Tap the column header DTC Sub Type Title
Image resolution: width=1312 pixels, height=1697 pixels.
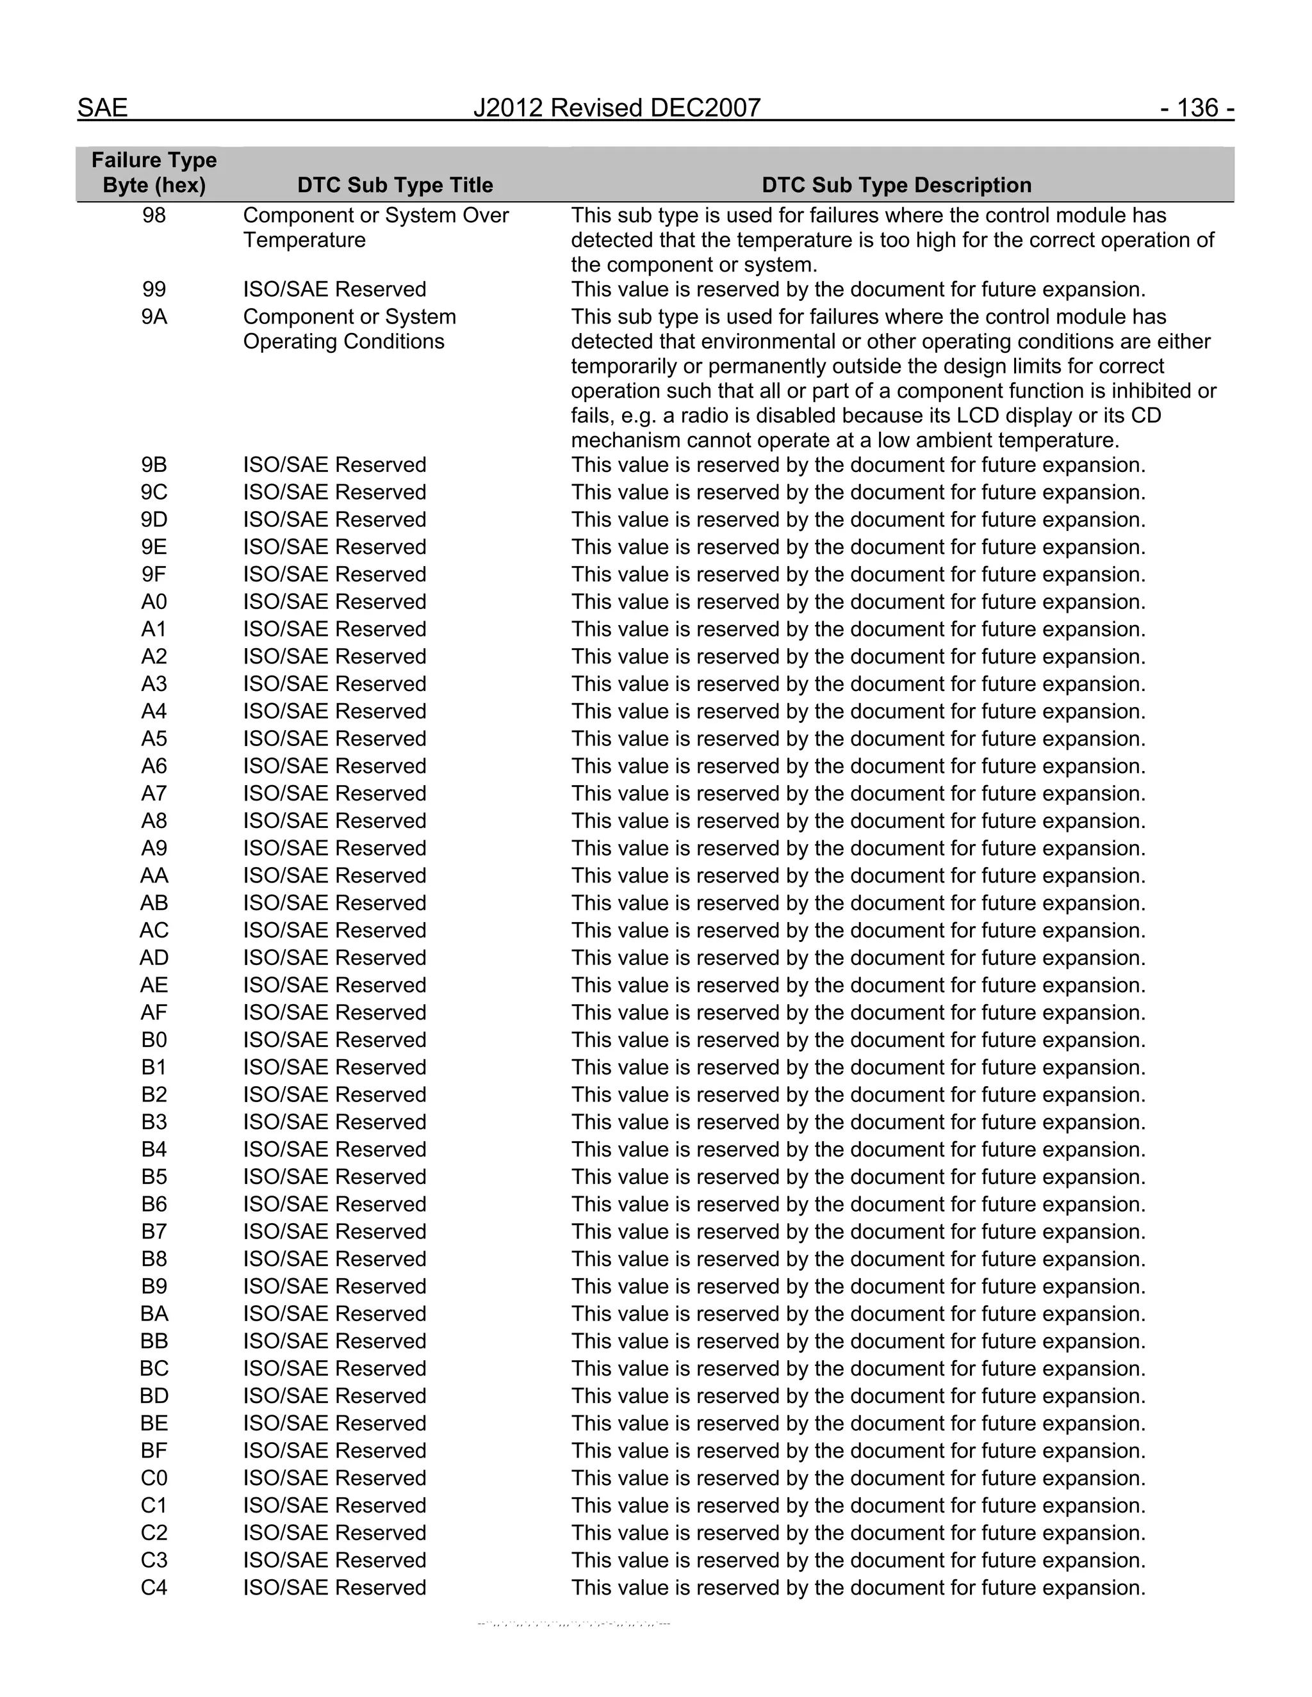[395, 185]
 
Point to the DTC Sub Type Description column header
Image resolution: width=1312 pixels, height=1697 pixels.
[896, 185]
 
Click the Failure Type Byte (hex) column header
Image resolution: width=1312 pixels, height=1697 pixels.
[154, 172]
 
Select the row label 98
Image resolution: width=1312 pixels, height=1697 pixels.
[154, 215]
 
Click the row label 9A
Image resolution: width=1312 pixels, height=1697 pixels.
[154, 317]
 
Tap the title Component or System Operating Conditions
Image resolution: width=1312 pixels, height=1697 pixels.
[349, 329]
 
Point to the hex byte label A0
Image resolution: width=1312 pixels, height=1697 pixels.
[154, 602]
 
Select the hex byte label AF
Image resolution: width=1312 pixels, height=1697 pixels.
[154, 1012]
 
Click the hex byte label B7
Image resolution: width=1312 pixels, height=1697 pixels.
[154, 1231]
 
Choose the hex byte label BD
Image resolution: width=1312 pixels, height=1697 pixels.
[154, 1395]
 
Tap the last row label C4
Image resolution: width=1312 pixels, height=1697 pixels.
[154, 1587]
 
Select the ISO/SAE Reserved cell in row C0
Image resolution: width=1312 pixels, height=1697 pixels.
[334, 1478]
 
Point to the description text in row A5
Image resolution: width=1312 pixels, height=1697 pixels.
[858, 739]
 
